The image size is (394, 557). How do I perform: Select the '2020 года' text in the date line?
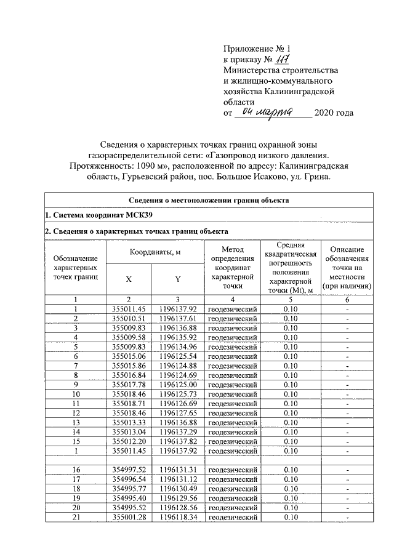[x=334, y=113]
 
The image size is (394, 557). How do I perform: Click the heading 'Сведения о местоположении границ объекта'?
[x=209, y=201]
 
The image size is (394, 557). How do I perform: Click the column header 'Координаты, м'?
[x=153, y=252]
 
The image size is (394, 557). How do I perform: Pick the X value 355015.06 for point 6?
[x=129, y=356]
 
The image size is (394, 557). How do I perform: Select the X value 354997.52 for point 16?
[x=129, y=470]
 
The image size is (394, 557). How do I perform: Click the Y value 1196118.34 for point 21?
[x=178, y=518]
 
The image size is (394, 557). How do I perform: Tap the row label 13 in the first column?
[x=76, y=423]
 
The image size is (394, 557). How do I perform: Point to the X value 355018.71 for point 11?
[x=129, y=404]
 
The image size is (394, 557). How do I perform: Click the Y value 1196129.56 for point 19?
[x=178, y=499]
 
